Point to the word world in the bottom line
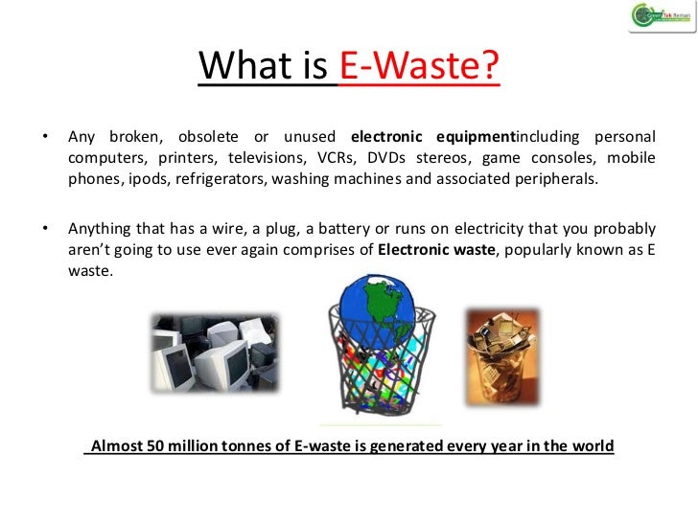592,447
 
